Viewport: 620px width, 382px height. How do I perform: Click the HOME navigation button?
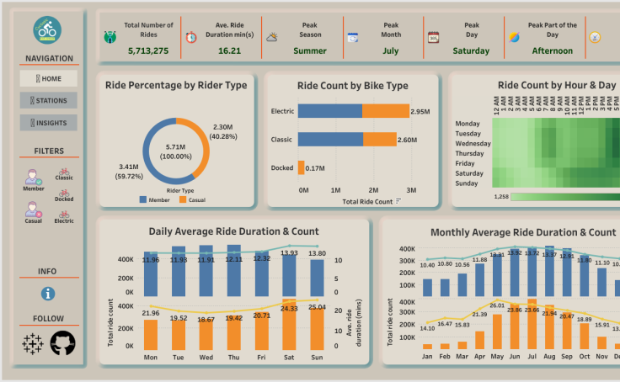[x=48, y=78]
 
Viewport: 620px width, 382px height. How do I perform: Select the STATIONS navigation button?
[x=48, y=100]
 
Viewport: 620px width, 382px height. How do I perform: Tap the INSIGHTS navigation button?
[x=48, y=123]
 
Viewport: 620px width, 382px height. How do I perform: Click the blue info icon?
[x=48, y=294]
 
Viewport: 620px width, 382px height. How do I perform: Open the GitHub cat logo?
[x=62, y=342]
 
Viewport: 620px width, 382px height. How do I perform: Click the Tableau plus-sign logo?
[x=33, y=342]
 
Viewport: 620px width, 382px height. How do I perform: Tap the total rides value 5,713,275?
[x=148, y=50]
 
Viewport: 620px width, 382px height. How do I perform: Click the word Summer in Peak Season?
[x=310, y=50]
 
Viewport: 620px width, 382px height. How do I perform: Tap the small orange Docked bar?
[x=301, y=167]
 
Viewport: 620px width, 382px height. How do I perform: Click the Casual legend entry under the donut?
[x=193, y=200]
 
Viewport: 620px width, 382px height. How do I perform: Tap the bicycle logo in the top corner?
[x=47, y=30]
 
